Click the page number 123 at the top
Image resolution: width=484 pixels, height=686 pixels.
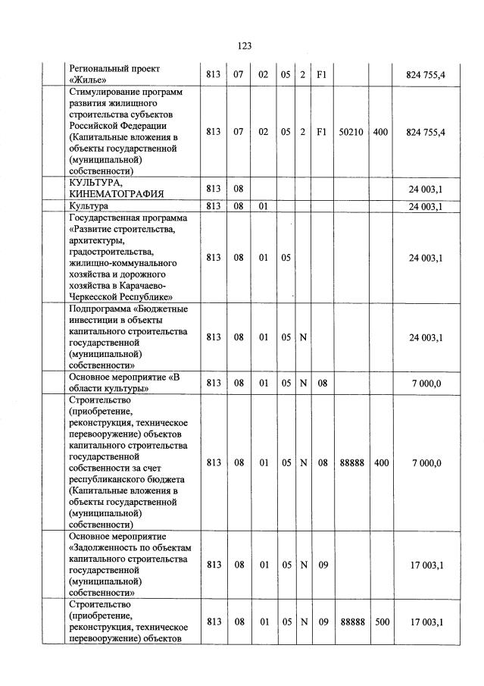244,46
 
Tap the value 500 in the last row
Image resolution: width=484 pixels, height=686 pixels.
382,622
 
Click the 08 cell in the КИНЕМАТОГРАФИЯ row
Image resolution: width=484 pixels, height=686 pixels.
239,187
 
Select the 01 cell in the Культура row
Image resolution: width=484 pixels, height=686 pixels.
264,206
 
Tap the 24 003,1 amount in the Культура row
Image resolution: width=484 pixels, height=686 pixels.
426,206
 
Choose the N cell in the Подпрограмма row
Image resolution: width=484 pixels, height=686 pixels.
303,337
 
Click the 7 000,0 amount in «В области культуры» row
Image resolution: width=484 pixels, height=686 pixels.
426,384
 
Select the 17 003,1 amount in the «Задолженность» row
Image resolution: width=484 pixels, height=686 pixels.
426,565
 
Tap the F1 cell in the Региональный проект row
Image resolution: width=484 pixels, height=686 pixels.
322,74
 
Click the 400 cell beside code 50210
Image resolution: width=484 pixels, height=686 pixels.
381,132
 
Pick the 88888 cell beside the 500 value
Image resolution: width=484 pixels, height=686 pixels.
351,622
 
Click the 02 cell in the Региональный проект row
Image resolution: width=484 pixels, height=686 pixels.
264,74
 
